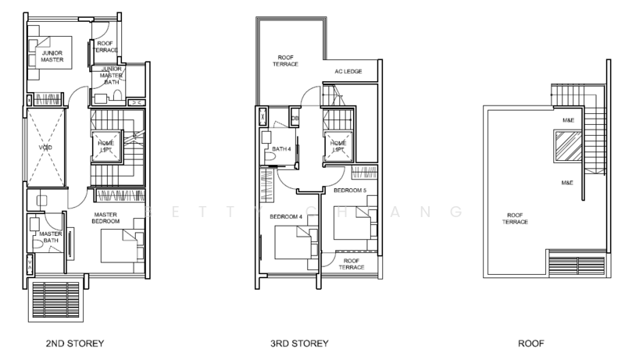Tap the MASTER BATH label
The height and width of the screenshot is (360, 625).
click(50, 237)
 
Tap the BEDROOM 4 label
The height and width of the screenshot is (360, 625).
click(285, 216)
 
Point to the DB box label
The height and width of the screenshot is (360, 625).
click(295, 118)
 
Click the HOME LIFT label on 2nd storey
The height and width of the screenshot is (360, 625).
click(105, 145)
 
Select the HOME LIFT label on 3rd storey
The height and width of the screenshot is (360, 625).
click(338, 145)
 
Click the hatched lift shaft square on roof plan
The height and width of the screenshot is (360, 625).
click(568, 145)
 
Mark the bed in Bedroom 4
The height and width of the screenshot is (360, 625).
click(293, 241)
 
